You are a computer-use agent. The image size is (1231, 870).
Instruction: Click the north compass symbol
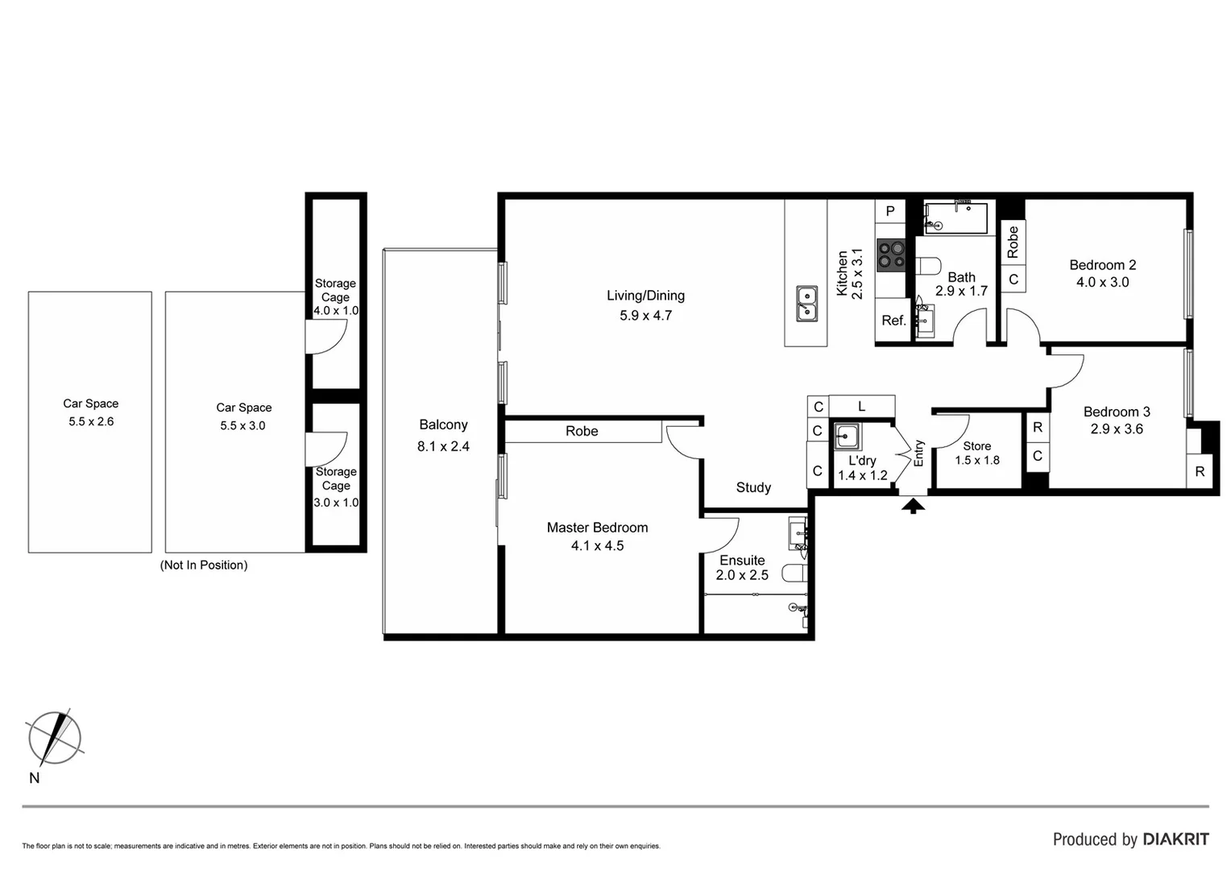click(54, 738)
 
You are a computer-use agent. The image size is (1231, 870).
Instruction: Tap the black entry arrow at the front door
click(912, 506)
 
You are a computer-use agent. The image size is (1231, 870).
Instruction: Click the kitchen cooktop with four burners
click(891, 255)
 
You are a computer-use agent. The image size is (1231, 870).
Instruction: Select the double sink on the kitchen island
click(806, 304)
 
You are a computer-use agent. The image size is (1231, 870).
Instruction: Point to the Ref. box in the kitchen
click(893, 321)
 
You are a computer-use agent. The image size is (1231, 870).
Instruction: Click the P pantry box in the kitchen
click(890, 211)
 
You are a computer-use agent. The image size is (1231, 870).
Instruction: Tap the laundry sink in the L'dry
click(847, 437)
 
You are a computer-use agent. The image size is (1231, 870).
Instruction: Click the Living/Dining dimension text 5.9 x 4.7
click(645, 316)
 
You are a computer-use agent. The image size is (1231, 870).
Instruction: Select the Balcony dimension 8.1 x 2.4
click(443, 446)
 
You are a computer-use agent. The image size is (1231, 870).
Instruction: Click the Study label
click(753, 487)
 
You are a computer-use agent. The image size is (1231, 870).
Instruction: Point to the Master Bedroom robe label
click(582, 431)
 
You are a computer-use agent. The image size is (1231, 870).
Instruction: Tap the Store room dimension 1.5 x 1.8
click(977, 461)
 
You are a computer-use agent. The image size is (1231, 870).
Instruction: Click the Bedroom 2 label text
click(1102, 265)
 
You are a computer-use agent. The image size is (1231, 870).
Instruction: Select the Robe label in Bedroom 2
click(1013, 242)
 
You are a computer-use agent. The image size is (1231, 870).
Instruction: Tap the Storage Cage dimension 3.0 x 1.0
click(336, 503)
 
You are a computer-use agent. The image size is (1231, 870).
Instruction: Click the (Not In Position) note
click(204, 565)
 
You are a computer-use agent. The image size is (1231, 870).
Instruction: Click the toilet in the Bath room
click(930, 265)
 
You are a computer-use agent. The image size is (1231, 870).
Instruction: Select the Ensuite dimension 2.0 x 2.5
click(742, 575)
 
